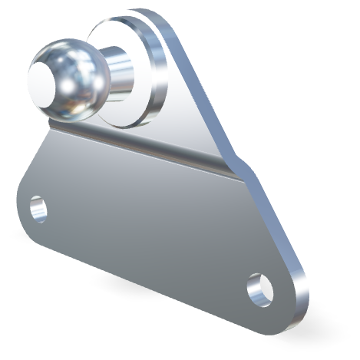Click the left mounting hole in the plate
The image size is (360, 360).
[37, 207]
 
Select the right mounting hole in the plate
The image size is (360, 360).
[260, 288]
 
